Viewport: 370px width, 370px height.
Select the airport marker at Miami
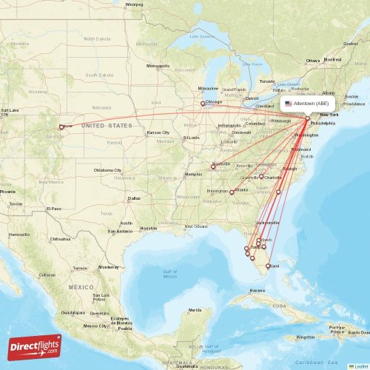pyautogui.click(x=268, y=265)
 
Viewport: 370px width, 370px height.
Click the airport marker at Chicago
pyautogui.click(x=203, y=104)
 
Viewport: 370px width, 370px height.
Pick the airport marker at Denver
pyautogui.click(x=61, y=127)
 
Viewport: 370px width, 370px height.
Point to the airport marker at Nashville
pyautogui.click(x=213, y=166)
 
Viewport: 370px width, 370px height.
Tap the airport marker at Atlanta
pyautogui.click(x=232, y=192)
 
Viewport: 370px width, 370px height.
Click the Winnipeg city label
pyautogui.click(x=134, y=4)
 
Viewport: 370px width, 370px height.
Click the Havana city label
pyautogui.click(x=258, y=290)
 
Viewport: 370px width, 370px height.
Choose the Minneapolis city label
pyautogui.click(x=158, y=66)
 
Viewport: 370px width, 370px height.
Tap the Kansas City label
pyautogui.click(x=158, y=132)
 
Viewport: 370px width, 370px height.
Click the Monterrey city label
pyautogui.click(x=108, y=266)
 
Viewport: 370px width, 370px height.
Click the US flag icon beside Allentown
pyautogui.click(x=288, y=104)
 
